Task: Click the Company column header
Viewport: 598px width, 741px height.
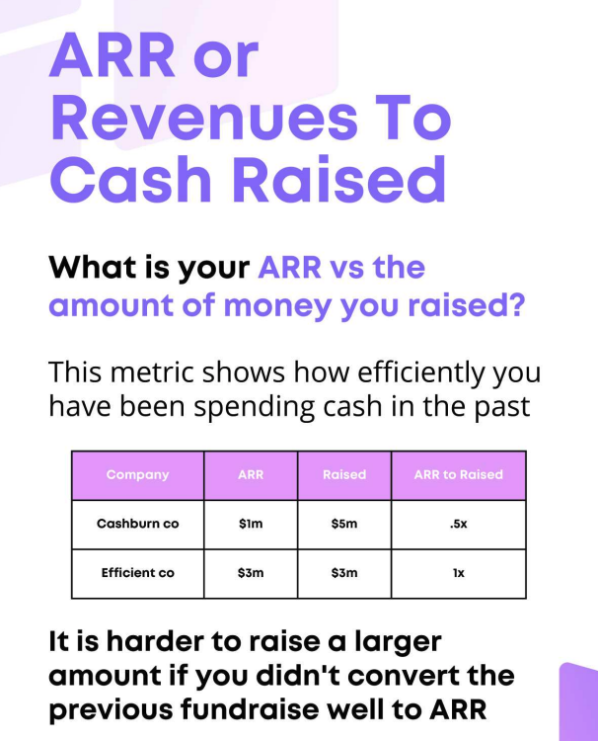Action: tap(137, 475)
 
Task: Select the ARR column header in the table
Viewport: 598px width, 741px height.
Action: tap(251, 475)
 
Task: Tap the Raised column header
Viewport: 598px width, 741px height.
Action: tap(344, 475)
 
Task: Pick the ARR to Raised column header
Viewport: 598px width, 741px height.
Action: tap(458, 475)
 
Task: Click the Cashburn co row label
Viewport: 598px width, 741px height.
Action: tap(137, 524)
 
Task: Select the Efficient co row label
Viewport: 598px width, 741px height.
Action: tap(137, 573)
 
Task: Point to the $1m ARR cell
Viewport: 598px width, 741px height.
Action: tap(251, 524)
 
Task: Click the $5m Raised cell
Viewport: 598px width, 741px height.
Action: tap(344, 524)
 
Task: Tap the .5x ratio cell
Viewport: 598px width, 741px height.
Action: tap(458, 524)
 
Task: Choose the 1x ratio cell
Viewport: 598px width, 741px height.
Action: tap(458, 573)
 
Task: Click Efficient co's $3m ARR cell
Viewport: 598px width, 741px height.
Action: tap(251, 573)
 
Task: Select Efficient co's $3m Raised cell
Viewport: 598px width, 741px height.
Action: tap(344, 573)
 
